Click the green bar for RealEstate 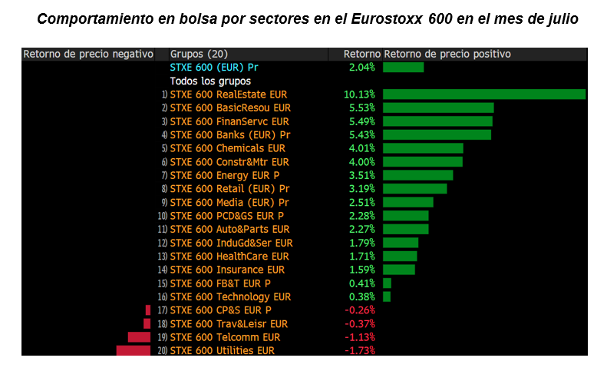tap(483, 94)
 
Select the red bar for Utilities tap(133, 351)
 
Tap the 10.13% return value tap(359, 94)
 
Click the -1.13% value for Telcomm tap(359, 337)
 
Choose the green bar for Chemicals tap(423, 148)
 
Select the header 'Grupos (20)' tap(199, 55)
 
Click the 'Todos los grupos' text tap(210, 81)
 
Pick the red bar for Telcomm tap(139, 337)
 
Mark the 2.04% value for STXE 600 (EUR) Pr tap(361, 68)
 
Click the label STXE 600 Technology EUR tap(230, 296)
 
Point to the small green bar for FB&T tap(387, 283)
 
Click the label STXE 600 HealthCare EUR tap(229, 256)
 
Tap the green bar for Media tap(407, 202)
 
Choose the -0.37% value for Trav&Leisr tap(359, 324)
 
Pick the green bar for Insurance tap(399, 270)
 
